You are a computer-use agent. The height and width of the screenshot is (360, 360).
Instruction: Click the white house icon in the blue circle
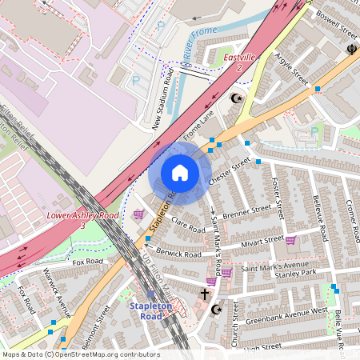pyautogui.click(x=180, y=172)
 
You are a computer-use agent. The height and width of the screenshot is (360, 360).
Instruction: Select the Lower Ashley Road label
pyautogui.click(x=83, y=216)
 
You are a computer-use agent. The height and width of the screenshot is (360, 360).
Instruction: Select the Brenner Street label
pyautogui.click(x=247, y=213)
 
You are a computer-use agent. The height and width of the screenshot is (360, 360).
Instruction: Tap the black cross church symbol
pyautogui.click(x=205, y=294)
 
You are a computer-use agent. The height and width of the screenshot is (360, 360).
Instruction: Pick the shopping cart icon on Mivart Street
pyautogui.click(x=290, y=240)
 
